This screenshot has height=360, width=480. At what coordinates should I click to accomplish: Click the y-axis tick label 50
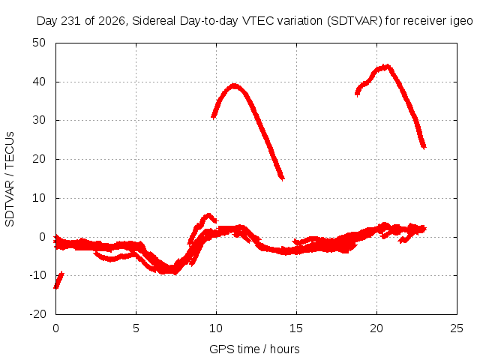tap(39, 43)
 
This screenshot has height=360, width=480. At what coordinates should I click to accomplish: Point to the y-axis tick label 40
tap(39, 82)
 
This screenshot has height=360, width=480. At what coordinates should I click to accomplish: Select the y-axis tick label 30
tap(39, 120)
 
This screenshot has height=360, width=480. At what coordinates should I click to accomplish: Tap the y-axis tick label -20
tap(37, 314)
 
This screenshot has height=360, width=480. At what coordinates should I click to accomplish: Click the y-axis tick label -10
tap(37, 275)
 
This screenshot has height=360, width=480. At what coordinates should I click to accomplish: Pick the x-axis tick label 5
tap(136, 328)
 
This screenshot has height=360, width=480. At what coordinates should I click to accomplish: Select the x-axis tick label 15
tap(296, 328)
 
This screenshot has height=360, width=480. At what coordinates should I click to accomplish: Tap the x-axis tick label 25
tap(457, 328)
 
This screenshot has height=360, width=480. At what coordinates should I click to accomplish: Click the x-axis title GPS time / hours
tap(254, 349)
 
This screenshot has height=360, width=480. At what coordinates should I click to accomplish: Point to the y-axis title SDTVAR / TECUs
tap(10, 179)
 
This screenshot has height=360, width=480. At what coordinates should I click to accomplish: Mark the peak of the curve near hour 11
tap(234, 85)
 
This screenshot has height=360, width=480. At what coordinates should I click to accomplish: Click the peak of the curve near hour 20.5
tap(388, 67)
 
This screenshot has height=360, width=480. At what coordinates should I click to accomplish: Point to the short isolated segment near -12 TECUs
tap(58, 280)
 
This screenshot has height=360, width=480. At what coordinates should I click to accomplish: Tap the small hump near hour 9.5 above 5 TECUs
tap(208, 216)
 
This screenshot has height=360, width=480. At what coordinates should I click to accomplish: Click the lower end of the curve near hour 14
tap(282, 178)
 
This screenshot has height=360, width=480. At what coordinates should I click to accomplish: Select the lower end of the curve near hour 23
tap(424, 147)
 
